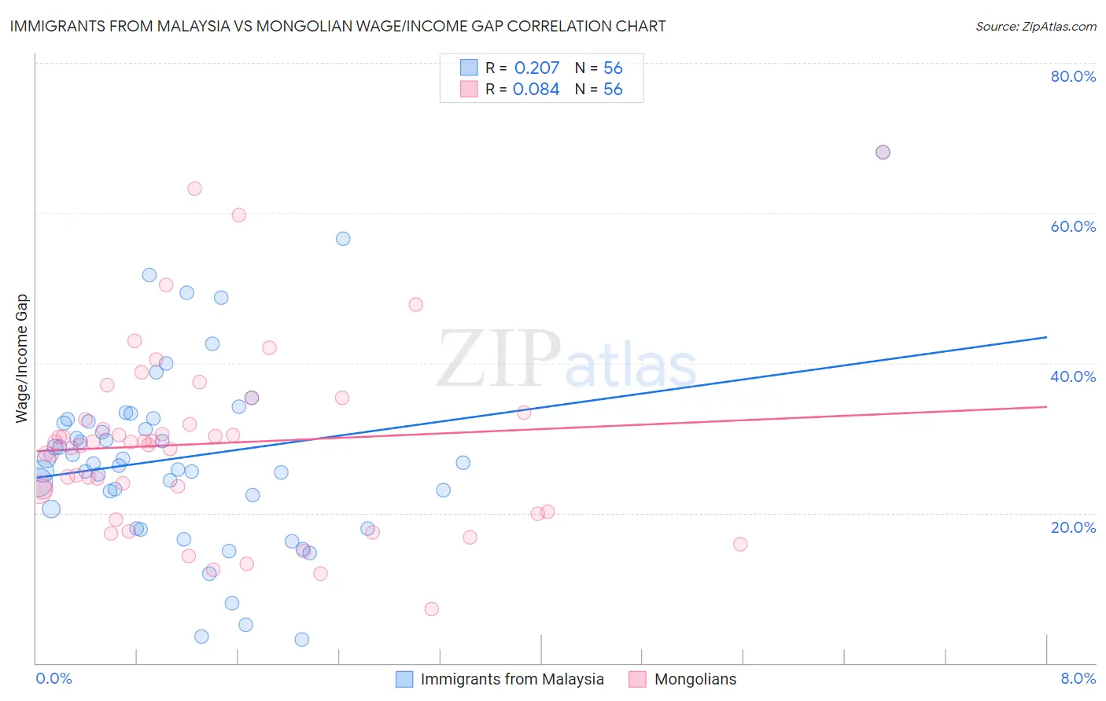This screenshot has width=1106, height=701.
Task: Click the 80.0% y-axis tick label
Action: click(1073, 76)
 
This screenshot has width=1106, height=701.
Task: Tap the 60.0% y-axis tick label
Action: click(1073, 226)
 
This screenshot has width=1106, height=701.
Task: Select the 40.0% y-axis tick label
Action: click(1073, 376)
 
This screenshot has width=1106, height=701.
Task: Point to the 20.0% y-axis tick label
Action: click(1073, 527)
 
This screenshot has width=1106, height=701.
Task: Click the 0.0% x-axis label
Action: click(53, 678)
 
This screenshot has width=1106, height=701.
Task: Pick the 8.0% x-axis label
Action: click(1078, 678)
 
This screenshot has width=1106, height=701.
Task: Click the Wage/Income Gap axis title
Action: click(22, 358)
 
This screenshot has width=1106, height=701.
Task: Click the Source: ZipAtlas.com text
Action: click(1035, 26)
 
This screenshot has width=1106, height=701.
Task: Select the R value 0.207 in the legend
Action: click(536, 68)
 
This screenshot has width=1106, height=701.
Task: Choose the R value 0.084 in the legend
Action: click(536, 89)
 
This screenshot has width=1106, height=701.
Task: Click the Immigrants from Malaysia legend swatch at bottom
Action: click(404, 679)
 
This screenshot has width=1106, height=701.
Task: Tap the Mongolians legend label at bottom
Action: click(695, 679)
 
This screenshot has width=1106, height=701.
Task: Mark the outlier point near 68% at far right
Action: click(883, 152)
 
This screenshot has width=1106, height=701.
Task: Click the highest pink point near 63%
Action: click(194, 189)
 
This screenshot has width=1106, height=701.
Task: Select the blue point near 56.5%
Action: click(343, 239)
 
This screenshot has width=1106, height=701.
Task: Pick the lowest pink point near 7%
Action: click(431, 609)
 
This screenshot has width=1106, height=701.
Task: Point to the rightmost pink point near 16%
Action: click(740, 544)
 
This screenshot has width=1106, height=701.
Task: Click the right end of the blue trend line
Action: click(1046, 337)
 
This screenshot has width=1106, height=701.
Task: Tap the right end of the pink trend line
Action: click(1046, 406)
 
